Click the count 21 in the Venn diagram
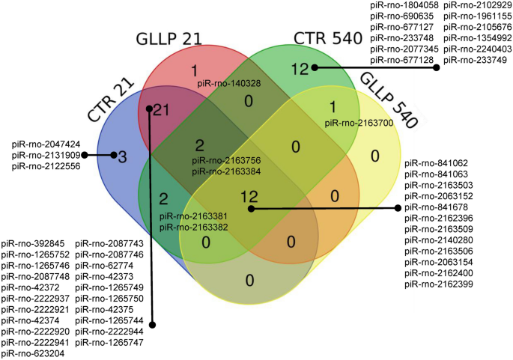pos(163,110)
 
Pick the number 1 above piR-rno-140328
pos(193,71)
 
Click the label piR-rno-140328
pos(229,84)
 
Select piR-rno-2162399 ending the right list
pos(439,284)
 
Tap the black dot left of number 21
pos(150,109)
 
